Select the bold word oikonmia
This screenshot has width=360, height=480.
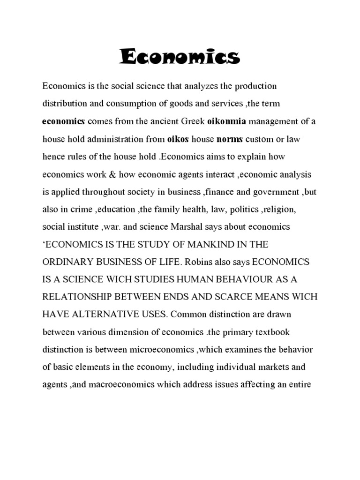227,122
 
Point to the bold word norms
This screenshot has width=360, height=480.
231,139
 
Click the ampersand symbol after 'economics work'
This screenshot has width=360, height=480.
112,174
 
